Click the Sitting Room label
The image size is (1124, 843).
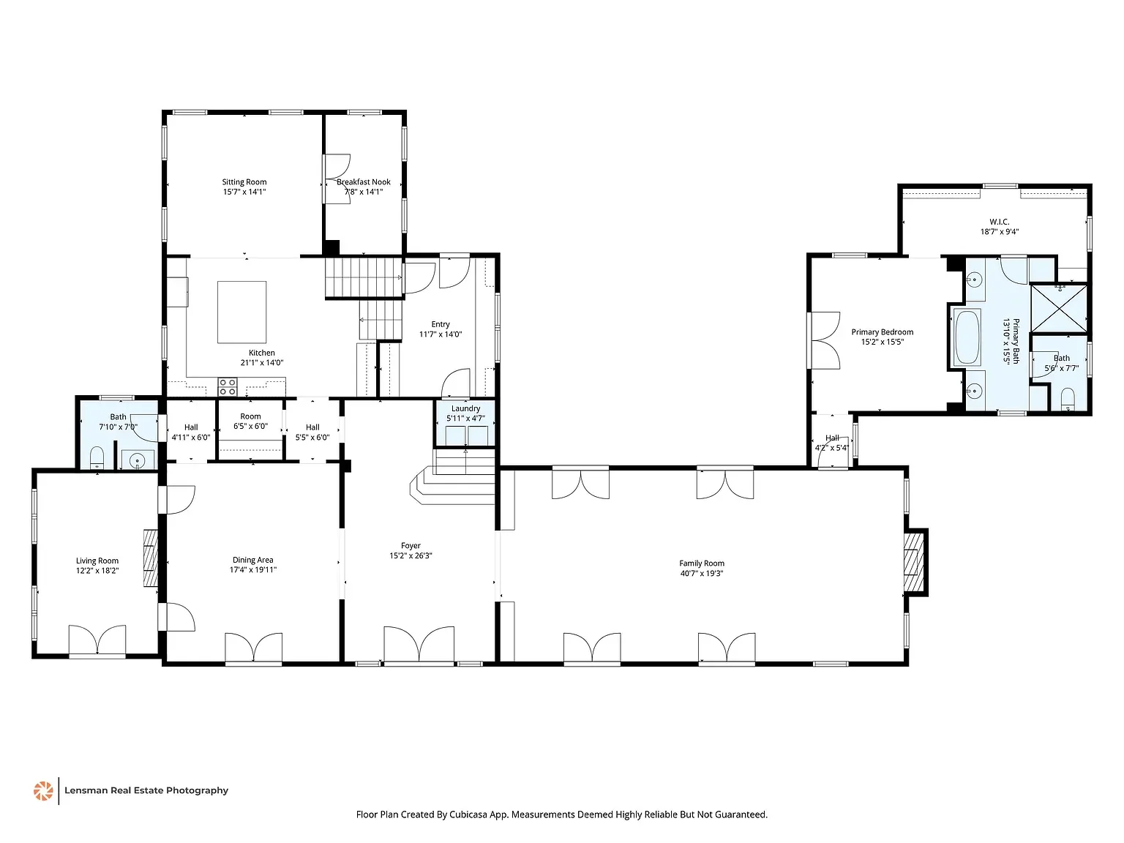(x=244, y=182)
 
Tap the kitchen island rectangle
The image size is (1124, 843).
(x=241, y=312)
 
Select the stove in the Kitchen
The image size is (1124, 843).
(x=228, y=386)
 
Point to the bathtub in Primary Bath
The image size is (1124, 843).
(x=967, y=337)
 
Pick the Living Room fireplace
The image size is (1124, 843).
(x=151, y=558)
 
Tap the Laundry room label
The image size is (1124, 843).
(x=465, y=408)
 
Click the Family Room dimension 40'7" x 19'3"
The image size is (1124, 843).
(x=701, y=574)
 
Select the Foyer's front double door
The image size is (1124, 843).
(x=419, y=644)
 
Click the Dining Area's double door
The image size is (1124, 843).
(x=253, y=648)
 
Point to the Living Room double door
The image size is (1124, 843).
(x=97, y=640)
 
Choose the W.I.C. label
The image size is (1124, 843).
(x=1000, y=222)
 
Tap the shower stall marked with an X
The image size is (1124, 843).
(x=1058, y=307)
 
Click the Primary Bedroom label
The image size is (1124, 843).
(x=882, y=332)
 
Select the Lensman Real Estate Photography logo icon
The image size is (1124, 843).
(x=43, y=790)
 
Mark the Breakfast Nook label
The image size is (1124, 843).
(x=364, y=182)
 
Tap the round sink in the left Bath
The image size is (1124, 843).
(x=137, y=461)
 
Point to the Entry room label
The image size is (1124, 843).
(x=441, y=324)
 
